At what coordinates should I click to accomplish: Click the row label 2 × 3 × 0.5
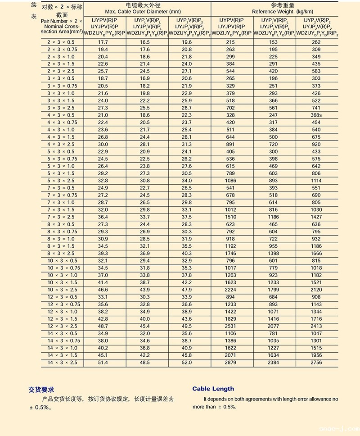coord(62,42)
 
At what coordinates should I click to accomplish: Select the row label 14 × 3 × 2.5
coord(62,363)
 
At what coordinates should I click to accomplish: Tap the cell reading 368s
coord(316,115)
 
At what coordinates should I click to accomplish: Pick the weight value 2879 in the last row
coord(231,363)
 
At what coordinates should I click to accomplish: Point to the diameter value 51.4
coord(103,363)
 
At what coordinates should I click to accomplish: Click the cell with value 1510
coord(231,217)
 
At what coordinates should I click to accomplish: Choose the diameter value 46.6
coord(103,290)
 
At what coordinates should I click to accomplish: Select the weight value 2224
coord(231,290)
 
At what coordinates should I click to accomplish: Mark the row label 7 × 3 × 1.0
coord(62,203)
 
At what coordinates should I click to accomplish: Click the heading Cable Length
coord(213,389)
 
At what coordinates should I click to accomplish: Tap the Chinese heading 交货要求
coord(41,390)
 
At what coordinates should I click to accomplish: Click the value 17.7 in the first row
coord(103,42)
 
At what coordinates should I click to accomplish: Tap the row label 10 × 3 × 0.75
coord(62,268)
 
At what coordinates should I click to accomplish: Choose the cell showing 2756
coord(316,363)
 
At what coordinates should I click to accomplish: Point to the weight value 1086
coord(231,181)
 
